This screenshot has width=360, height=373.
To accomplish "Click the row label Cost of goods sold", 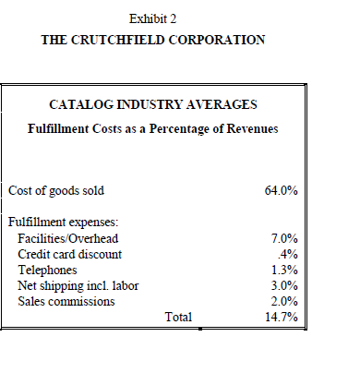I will point(56,191).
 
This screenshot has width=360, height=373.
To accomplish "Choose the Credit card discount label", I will point(70,254).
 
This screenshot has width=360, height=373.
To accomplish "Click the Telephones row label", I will point(49,270).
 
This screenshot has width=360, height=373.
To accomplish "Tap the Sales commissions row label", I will point(66,301).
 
